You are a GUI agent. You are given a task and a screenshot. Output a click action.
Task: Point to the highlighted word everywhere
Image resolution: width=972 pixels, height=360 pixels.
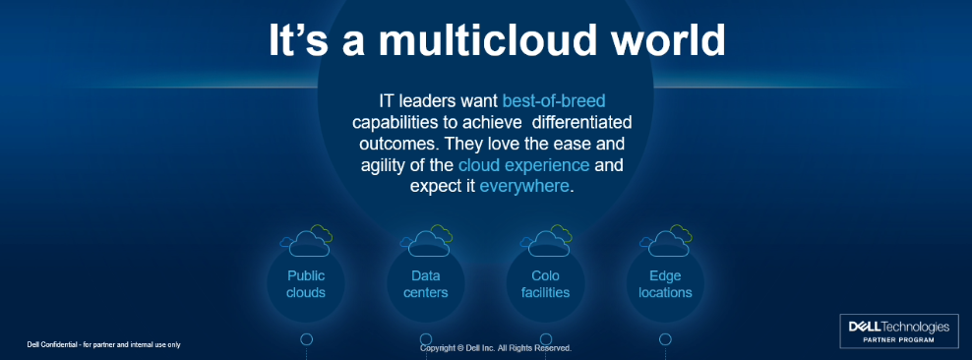(x=524, y=185)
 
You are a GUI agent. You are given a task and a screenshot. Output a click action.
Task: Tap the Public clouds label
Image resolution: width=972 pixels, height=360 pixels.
(x=306, y=284)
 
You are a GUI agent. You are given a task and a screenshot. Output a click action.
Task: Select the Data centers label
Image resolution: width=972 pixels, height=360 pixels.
(x=425, y=284)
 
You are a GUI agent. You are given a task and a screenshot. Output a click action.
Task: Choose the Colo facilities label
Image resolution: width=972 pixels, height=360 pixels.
(x=545, y=284)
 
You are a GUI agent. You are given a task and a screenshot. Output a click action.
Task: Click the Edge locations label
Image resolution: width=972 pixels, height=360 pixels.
(x=665, y=284)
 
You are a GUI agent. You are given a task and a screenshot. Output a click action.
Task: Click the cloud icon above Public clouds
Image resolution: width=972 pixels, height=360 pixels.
(x=306, y=241)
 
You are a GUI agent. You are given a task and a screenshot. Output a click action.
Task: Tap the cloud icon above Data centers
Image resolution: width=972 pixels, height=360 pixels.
(x=426, y=241)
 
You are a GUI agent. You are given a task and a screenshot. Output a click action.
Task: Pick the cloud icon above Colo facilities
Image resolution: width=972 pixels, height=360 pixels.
(x=545, y=241)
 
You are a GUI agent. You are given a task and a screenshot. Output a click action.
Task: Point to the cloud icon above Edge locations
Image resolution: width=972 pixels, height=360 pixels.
(x=665, y=241)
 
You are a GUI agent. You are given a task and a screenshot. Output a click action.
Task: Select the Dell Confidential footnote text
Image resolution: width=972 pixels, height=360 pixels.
(x=103, y=344)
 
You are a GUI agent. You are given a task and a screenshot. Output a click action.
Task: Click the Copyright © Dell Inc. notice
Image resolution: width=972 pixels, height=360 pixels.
(x=496, y=348)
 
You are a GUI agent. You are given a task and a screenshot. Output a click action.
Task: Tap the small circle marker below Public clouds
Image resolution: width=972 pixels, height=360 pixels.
(x=306, y=339)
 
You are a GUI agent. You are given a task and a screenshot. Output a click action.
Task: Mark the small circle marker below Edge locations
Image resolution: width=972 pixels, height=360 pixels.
(x=665, y=339)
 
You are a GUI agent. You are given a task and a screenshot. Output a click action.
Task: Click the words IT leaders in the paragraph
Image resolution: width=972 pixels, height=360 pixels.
(x=427, y=100)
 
